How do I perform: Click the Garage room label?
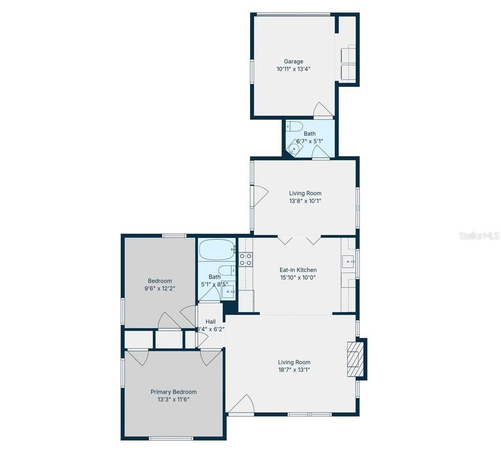click(294, 61)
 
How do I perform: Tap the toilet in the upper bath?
click(294, 126)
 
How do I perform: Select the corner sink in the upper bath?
click(294, 148)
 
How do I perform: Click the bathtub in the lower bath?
click(217, 250)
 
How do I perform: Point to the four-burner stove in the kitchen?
click(245, 259)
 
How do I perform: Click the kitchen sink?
click(348, 262)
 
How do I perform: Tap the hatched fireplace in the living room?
click(355, 359)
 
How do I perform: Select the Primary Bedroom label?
click(173, 392)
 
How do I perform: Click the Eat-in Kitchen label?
click(298, 270)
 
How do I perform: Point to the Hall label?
click(210, 321)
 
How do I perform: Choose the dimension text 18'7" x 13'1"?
click(294, 370)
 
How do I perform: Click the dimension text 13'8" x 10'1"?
click(305, 201)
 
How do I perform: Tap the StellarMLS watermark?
click(479, 236)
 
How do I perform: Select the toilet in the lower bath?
click(228, 270)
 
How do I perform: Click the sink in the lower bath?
click(228, 291)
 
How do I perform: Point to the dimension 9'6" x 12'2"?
click(160, 288)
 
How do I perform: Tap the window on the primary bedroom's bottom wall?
click(171, 438)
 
